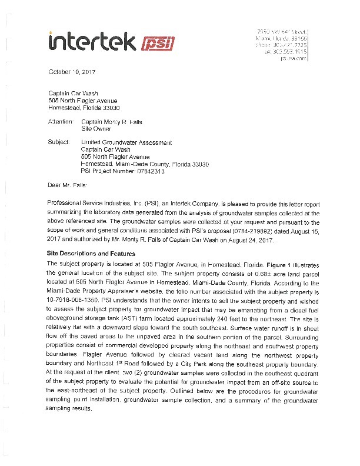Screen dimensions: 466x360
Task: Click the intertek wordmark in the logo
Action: click(91, 41)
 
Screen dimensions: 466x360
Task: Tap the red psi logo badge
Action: click(155, 42)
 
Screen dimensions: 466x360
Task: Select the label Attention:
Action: click(62, 122)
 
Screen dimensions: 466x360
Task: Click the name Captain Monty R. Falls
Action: click(111, 122)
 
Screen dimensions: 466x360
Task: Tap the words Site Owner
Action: click(95, 129)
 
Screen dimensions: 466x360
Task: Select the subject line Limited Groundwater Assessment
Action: click(126, 142)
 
